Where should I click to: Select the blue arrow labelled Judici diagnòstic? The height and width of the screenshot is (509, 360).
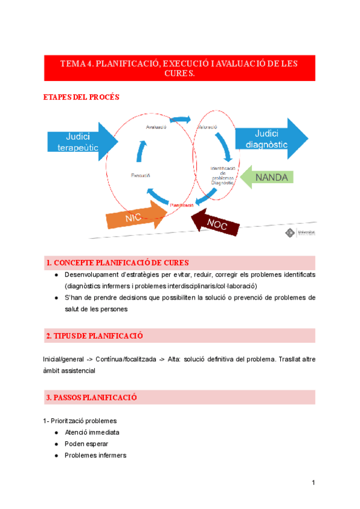point(269,139)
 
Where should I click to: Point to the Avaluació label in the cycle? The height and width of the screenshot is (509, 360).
point(156,127)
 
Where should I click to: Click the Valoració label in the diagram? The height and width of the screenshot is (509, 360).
point(207,127)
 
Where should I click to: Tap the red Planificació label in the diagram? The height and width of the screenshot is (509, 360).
point(181,205)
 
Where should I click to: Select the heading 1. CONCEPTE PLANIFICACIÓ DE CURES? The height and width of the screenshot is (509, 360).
point(118,263)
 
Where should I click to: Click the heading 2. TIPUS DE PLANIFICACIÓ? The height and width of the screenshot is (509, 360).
point(94,335)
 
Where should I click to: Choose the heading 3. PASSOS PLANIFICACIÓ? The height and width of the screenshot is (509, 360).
point(92,397)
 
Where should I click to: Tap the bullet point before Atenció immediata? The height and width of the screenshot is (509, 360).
point(56,432)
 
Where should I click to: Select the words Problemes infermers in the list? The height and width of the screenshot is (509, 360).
point(95,455)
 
